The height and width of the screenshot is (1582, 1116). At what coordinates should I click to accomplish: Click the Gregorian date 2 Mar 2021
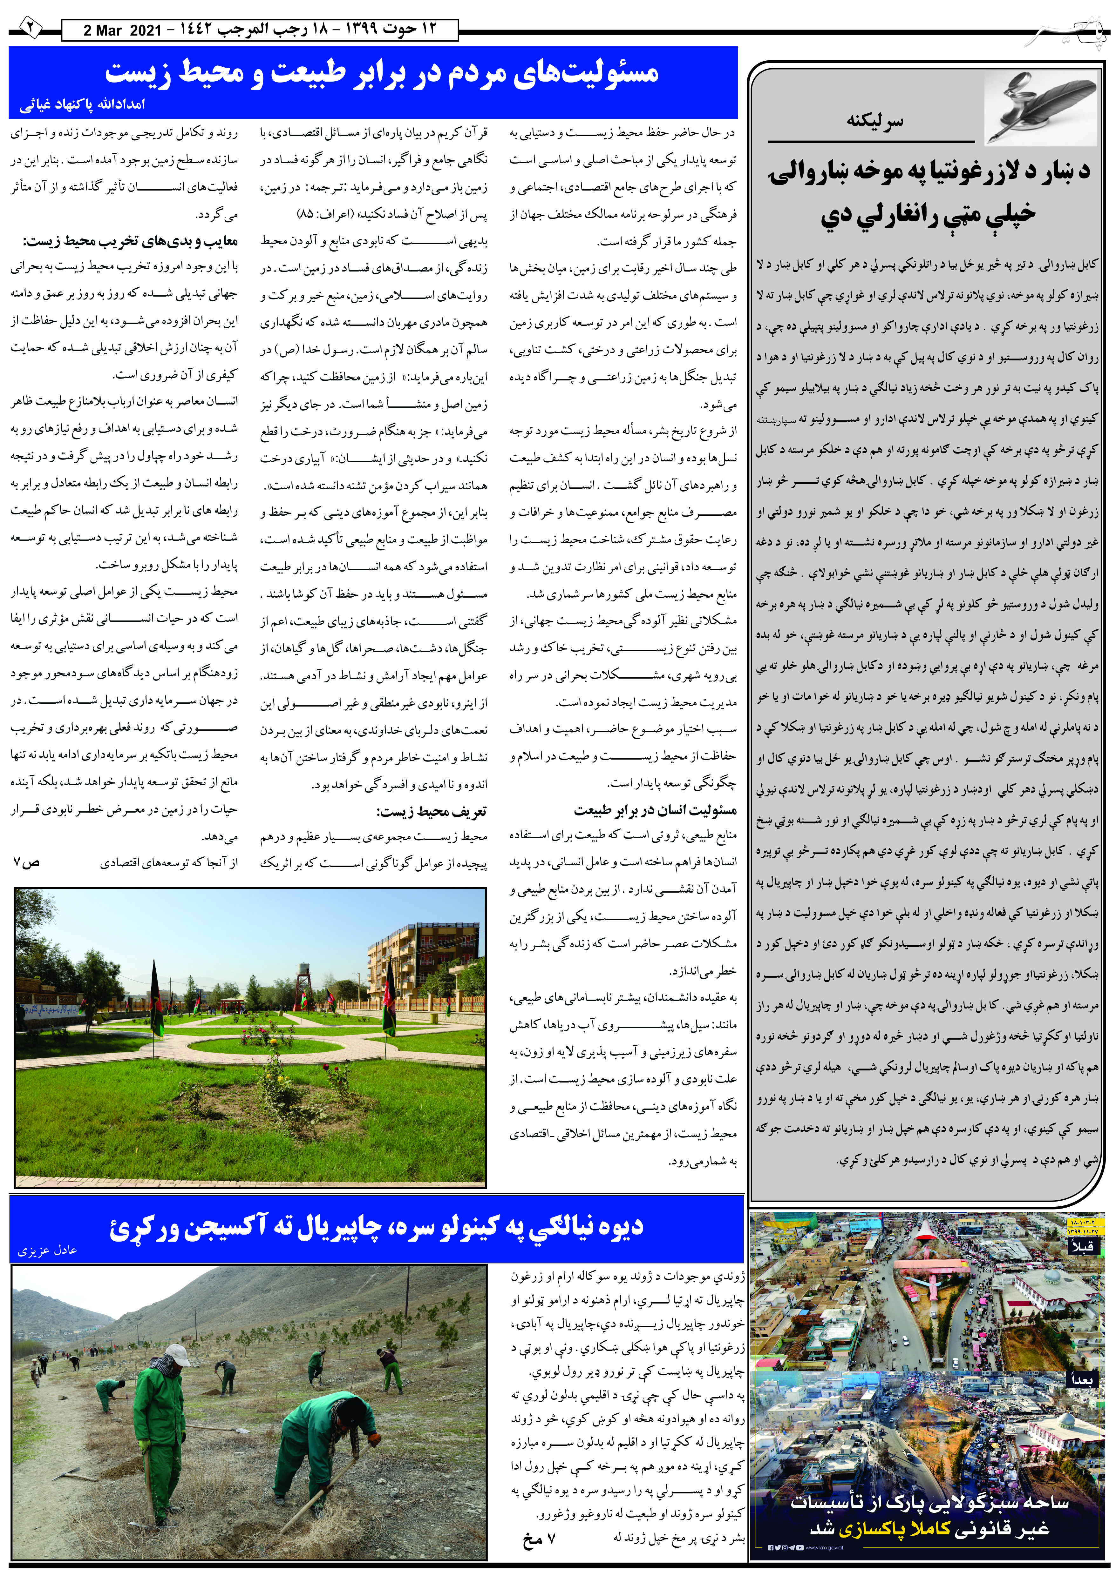122,30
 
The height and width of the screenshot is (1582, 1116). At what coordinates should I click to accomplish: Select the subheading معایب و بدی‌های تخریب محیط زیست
131,241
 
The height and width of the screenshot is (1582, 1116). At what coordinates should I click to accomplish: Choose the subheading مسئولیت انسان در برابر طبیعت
655,810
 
